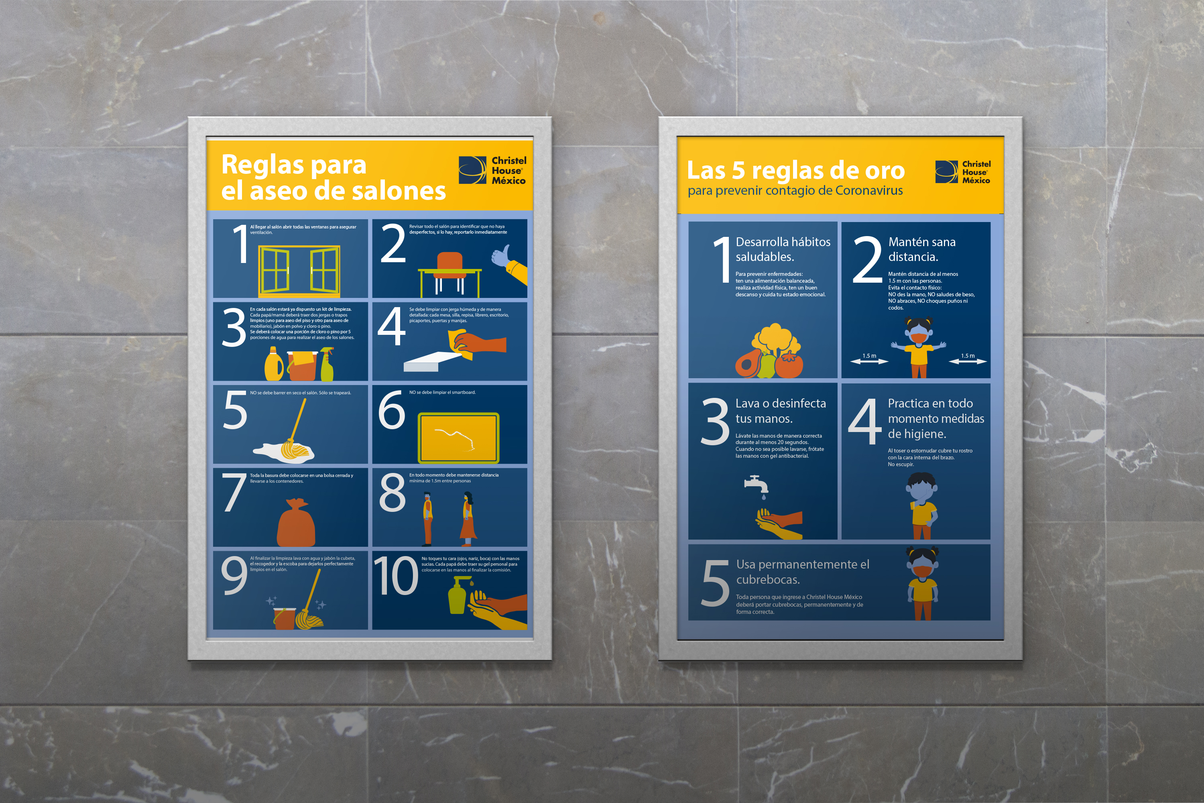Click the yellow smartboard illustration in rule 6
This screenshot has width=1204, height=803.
pyautogui.click(x=458, y=438)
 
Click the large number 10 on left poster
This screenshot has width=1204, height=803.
pyautogui.click(x=395, y=576)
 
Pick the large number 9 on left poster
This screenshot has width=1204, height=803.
pyautogui.click(x=234, y=576)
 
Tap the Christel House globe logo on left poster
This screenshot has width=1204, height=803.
pyautogui.click(x=472, y=170)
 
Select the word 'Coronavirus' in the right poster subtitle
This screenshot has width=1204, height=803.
pyautogui.click(x=869, y=190)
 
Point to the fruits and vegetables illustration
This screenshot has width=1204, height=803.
pyautogui.click(x=769, y=351)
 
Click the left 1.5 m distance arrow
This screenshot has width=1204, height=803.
pyautogui.click(x=869, y=362)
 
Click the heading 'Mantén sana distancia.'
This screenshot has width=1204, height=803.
pyautogui.click(x=921, y=249)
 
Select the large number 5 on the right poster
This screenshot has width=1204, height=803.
pyautogui.click(x=715, y=583)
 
